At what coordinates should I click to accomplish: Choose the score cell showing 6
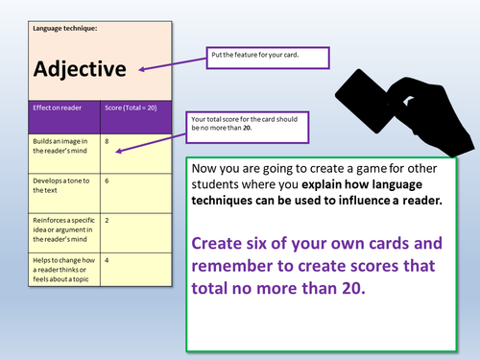click(x=107, y=180)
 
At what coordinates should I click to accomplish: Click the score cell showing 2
click(x=107, y=220)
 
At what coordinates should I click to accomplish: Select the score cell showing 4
click(x=107, y=260)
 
